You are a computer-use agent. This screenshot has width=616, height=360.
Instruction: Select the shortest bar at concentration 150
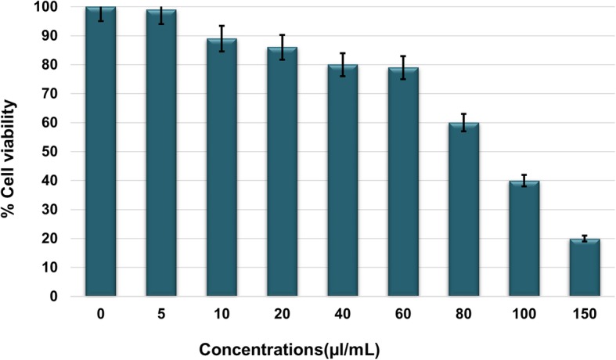point(584,268)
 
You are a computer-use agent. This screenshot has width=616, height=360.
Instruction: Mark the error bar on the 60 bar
point(403,67)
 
